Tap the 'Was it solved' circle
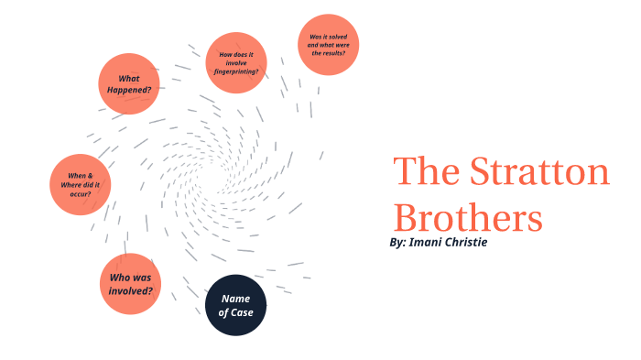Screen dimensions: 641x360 (x=328, y=45)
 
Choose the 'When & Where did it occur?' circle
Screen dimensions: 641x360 (x=80, y=184)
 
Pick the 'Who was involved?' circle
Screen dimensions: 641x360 (x=130, y=284)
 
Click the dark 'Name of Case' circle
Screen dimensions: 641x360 (x=235, y=305)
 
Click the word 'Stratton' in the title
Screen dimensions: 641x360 (x=539, y=172)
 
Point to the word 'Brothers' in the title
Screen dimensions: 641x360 (x=467, y=218)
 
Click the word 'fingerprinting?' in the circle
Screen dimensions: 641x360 (x=236, y=71)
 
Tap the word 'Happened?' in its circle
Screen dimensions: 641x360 (x=129, y=90)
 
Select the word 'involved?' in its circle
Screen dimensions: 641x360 (x=130, y=291)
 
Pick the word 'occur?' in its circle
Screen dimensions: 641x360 (x=80, y=193)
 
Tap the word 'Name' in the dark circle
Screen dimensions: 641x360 (x=235, y=299)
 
